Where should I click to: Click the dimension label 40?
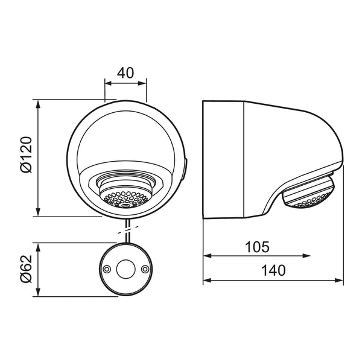(x=125, y=73)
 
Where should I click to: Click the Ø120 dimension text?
(x=26, y=154)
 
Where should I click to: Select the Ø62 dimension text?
(x=26, y=269)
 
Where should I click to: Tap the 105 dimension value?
(x=257, y=247)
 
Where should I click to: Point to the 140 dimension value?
(x=273, y=270)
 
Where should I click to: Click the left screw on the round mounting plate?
(x=106, y=269)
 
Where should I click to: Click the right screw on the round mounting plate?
(x=145, y=269)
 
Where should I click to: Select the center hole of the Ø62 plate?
(x=125, y=269)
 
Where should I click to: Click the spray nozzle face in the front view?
(x=125, y=198)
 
